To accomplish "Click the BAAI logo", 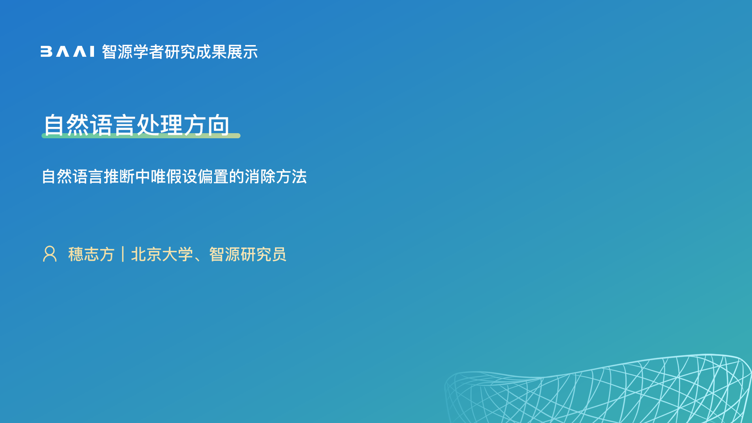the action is pyautogui.click(x=67, y=52).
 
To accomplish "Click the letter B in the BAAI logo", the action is pyautogui.click(x=46, y=52).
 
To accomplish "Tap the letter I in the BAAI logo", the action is pyautogui.click(x=92, y=52).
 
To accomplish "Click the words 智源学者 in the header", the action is pyautogui.click(x=133, y=52).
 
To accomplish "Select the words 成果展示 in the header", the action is pyautogui.click(x=227, y=52).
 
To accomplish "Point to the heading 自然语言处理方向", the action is pyautogui.click(x=136, y=125).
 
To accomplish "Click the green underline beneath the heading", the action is pyautogui.click(x=141, y=136).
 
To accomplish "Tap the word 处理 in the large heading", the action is pyautogui.click(x=160, y=125).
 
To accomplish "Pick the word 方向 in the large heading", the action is pyautogui.click(x=206, y=125).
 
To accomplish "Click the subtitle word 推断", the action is pyautogui.click(x=119, y=176).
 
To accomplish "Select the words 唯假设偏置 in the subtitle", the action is pyautogui.click(x=190, y=176).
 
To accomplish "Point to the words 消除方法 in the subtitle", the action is pyautogui.click(x=276, y=176).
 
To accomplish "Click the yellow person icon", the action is pyautogui.click(x=50, y=254).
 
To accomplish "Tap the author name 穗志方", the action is pyautogui.click(x=91, y=254).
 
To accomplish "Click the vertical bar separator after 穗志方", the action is pyautogui.click(x=123, y=254).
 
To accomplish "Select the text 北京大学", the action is pyautogui.click(x=162, y=254).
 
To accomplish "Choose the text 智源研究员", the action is pyautogui.click(x=248, y=254).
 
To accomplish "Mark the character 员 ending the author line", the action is pyautogui.click(x=279, y=254).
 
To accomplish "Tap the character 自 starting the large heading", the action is pyautogui.click(x=54, y=125).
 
